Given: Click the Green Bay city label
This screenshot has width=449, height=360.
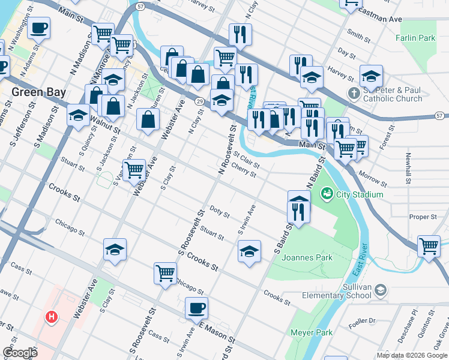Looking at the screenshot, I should (38, 92).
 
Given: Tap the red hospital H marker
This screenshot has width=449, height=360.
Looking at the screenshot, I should (52, 316).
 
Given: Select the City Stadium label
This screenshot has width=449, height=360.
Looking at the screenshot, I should (360, 194).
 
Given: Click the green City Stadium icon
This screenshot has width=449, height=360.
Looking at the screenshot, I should (327, 193).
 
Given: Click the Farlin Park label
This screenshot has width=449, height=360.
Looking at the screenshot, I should (415, 38).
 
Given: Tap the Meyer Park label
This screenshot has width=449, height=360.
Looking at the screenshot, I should (311, 332).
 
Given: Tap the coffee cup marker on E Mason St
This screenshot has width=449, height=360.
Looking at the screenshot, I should (196, 308).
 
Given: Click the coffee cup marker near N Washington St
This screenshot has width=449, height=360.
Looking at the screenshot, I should (39, 27).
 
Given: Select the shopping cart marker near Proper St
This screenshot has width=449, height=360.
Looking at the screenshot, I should (429, 245).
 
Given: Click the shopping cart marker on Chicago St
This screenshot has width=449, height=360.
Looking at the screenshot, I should (165, 273).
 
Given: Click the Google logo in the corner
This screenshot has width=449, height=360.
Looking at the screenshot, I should (20, 352).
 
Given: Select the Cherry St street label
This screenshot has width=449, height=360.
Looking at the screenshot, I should (244, 171).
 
